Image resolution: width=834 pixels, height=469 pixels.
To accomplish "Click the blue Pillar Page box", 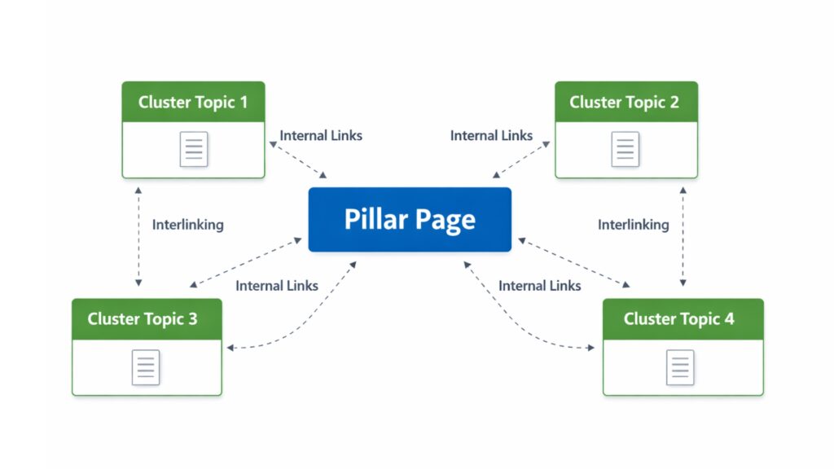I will point(410,219).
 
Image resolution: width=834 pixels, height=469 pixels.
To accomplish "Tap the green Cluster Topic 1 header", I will point(193,102).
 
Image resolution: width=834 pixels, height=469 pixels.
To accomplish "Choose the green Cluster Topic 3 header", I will point(147,318).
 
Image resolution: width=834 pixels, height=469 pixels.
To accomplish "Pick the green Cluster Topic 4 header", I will point(683,318).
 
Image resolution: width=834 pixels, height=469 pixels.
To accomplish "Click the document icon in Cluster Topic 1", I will point(194,149).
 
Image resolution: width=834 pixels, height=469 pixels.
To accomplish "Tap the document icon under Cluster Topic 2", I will point(625,149).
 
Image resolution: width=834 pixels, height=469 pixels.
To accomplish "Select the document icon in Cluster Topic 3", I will point(146,367).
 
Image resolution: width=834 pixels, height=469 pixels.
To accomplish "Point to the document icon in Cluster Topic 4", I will point(680,367).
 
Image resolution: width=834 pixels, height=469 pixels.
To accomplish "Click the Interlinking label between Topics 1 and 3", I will point(187,225).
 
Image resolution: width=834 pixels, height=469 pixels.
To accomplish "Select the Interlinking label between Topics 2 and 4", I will point(633,225).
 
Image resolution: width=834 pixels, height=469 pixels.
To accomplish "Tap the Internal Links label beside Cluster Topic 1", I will point(321,135).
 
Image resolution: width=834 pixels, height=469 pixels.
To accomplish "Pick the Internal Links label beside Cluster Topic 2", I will point(491,135).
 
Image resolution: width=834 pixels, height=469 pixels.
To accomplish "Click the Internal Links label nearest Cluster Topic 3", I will point(277,286).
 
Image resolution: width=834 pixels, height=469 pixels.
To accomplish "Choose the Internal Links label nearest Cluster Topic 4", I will point(540,286).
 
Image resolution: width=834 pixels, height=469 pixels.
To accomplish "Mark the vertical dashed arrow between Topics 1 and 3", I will point(138,236).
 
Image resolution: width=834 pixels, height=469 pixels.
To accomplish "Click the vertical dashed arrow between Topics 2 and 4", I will point(683,236).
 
